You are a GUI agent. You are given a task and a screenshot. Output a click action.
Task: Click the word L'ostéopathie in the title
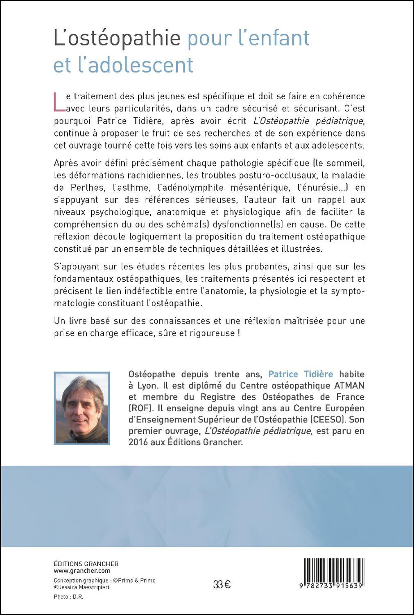(117, 39)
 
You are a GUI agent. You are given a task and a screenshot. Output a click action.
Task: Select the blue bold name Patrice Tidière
(301, 374)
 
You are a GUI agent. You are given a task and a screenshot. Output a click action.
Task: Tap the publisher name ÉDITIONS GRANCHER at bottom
(86, 564)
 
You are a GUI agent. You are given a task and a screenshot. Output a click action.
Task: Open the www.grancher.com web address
(82, 571)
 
